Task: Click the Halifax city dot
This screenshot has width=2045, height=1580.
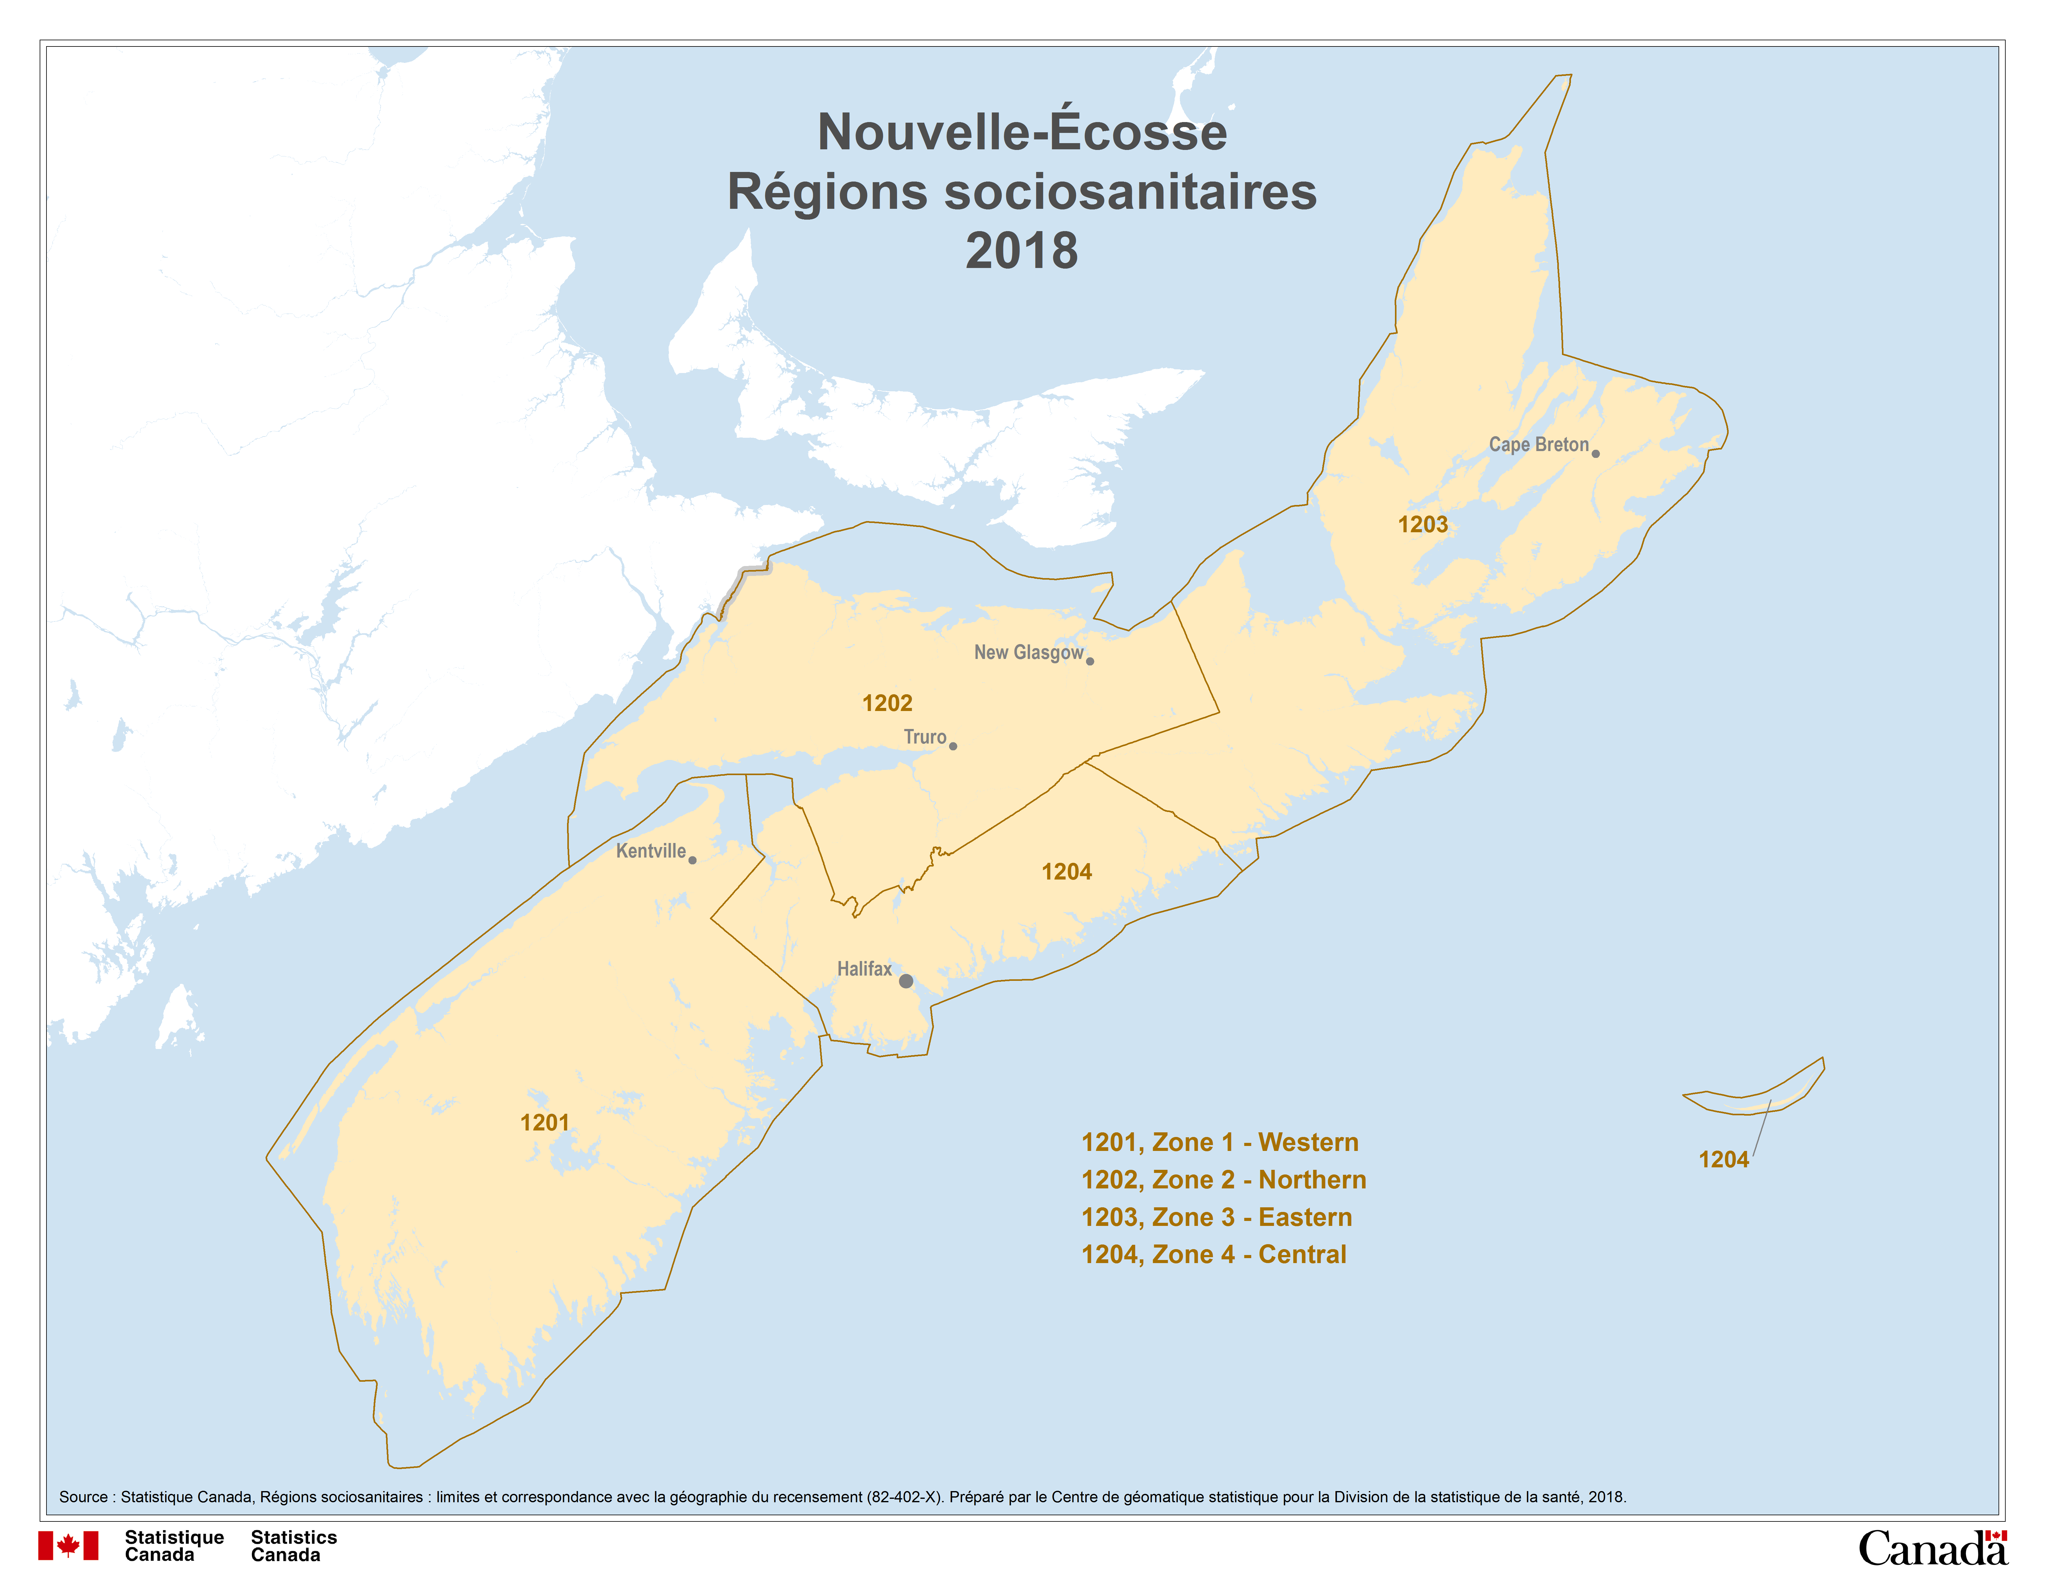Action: pyautogui.click(x=905, y=981)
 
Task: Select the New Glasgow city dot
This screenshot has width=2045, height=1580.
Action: pyautogui.click(x=1090, y=661)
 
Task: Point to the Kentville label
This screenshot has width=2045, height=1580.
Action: pyautogui.click(x=651, y=851)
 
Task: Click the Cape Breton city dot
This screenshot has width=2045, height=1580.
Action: pyautogui.click(x=1595, y=453)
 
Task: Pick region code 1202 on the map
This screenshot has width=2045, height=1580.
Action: pyautogui.click(x=887, y=703)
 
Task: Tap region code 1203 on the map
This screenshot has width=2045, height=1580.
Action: pyautogui.click(x=1422, y=524)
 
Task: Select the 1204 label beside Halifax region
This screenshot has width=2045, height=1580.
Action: pyautogui.click(x=1066, y=871)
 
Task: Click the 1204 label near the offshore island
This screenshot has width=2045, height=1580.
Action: pyautogui.click(x=1723, y=1160)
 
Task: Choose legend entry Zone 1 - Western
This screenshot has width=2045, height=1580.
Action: pyautogui.click(x=1219, y=1142)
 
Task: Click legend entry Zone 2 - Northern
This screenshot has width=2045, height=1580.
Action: pyautogui.click(x=1223, y=1179)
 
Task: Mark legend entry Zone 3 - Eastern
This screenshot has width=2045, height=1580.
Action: pyautogui.click(x=1216, y=1217)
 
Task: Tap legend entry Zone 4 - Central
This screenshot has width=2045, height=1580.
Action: pyautogui.click(x=1213, y=1254)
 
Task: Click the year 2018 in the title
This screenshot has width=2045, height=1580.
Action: pyautogui.click(x=1022, y=251)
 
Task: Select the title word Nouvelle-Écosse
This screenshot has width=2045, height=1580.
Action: pyautogui.click(x=1022, y=132)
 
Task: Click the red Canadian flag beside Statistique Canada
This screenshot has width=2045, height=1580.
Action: pyautogui.click(x=68, y=1545)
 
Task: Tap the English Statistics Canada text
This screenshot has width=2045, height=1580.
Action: pyautogui.click(x=293, y=1545)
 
